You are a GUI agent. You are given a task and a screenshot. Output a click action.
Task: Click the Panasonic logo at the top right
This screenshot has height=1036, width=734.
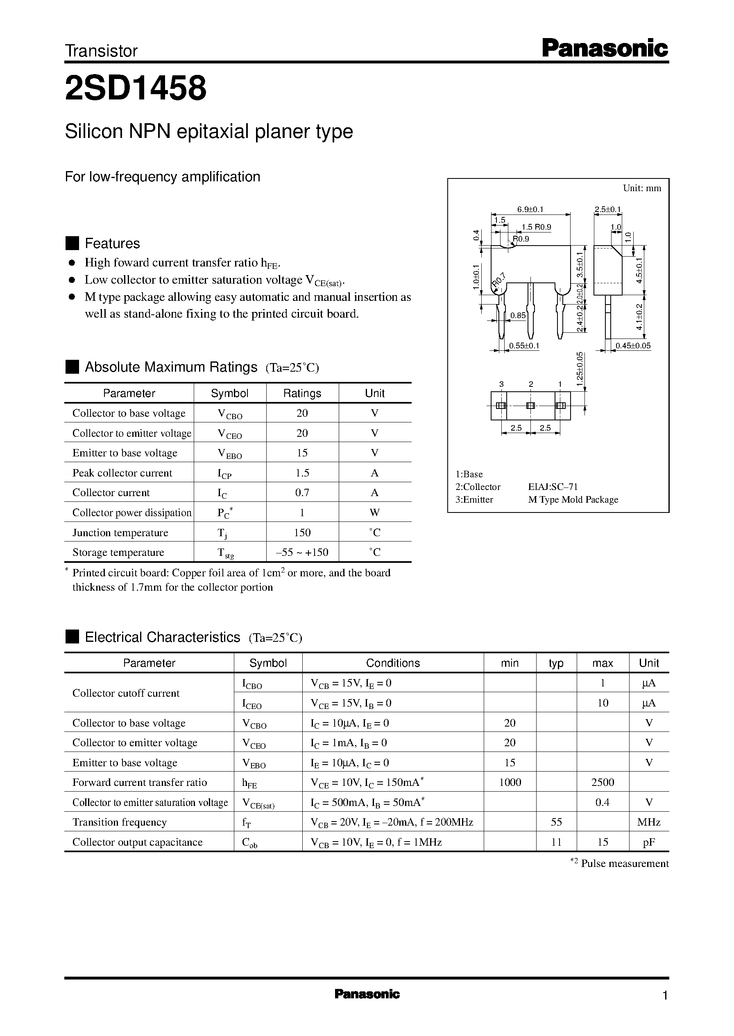tap(604, 48)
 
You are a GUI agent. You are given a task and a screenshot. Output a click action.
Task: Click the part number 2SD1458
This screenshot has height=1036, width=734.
tap(136, 88)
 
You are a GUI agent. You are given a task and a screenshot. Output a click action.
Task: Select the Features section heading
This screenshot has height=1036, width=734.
tap(112, 244)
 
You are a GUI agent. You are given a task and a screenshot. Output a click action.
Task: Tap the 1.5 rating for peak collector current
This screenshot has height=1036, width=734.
tap(302, 473)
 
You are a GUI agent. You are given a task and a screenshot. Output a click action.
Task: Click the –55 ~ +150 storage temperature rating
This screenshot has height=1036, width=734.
tap(302, 552)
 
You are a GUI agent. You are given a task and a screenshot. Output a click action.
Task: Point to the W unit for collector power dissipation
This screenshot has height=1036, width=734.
tap(374, 512)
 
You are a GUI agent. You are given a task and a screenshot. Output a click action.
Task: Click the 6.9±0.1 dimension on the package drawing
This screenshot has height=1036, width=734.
tap(530, 209)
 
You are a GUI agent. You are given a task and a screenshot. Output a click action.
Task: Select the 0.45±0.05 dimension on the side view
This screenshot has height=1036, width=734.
tap(633, 346)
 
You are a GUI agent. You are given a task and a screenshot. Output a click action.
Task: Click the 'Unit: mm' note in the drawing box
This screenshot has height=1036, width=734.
tap(641, 188)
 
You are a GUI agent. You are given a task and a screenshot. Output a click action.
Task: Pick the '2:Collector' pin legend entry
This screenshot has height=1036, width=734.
tap(478, 487)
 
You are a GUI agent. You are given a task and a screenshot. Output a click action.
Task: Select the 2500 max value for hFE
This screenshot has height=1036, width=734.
tap(603, 782)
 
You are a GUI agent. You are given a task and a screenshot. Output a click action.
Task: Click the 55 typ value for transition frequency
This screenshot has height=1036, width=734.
tap(556, 822)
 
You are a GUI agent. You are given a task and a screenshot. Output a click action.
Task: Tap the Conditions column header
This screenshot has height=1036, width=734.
tap(392, 663)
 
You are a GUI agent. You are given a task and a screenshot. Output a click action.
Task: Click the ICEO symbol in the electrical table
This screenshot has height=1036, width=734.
tap(252, 704)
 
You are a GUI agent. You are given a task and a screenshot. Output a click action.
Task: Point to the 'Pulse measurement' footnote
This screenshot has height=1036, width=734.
tap(624, 864)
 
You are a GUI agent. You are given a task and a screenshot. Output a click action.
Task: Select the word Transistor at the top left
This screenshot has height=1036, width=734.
tap(101, 51)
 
